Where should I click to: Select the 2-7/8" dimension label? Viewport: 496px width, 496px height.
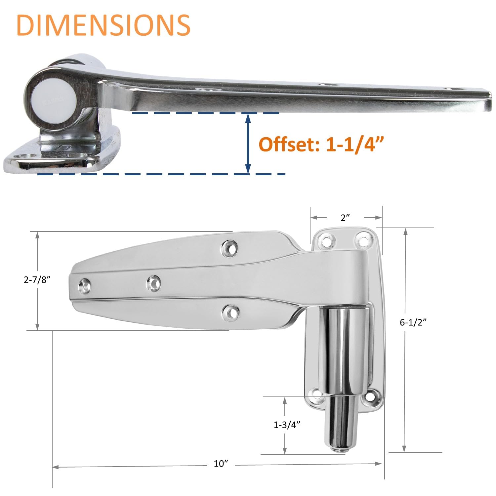click(x=37, y=280)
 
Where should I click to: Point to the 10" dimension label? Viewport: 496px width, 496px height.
click(x=221, y=464)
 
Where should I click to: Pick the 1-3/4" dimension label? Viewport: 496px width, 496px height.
click(x=287, y=425)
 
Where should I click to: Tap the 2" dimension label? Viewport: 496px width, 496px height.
click(x=345, y=218)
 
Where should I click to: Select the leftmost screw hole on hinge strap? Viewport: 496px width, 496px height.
click(x=85, y=286)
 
